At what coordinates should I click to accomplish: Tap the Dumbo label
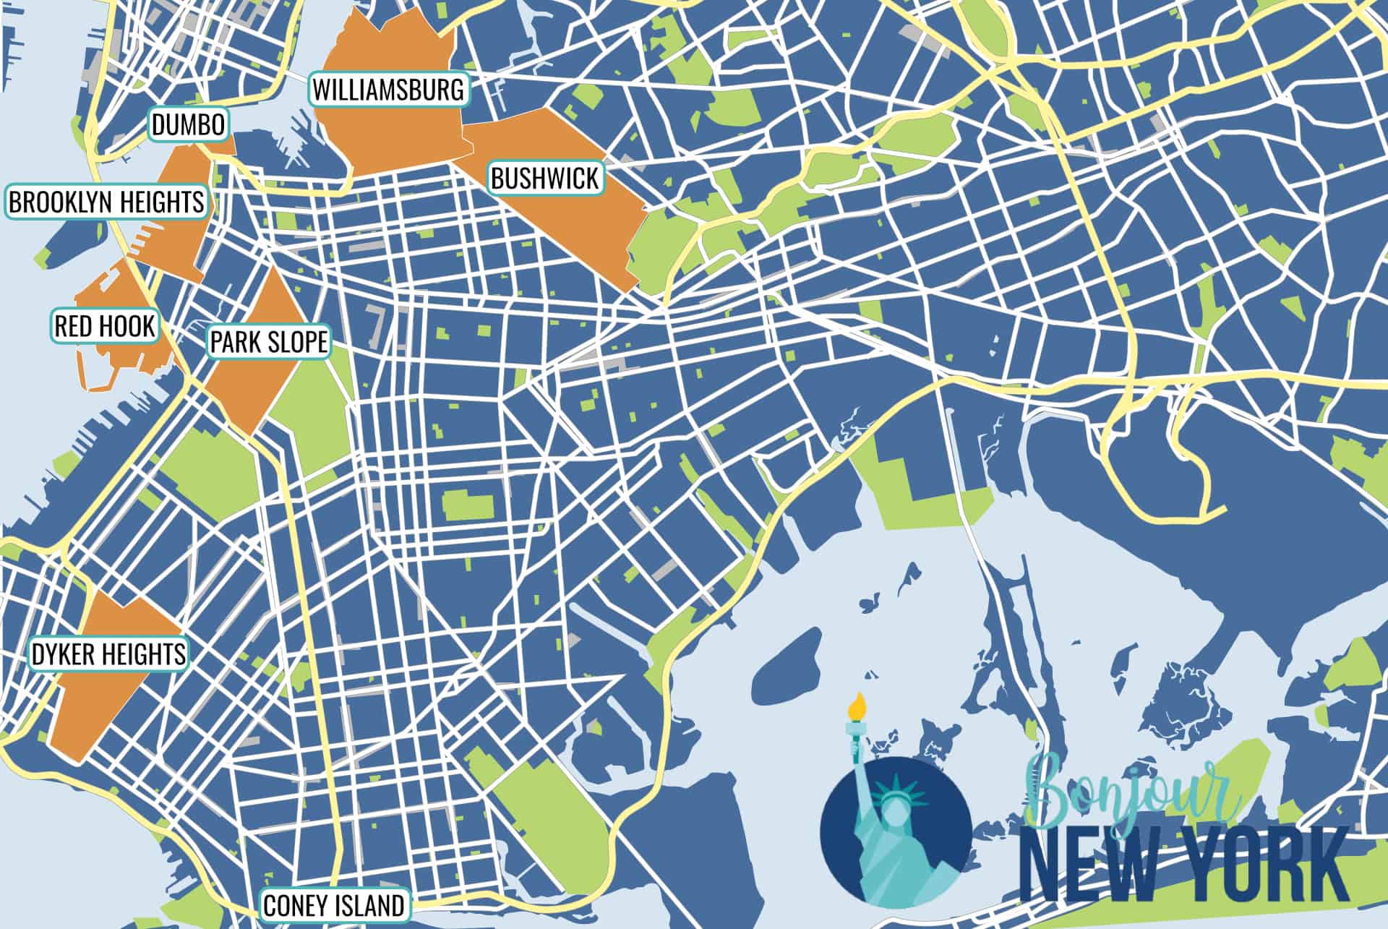coord(188,125)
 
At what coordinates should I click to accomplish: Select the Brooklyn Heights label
coord(107,202)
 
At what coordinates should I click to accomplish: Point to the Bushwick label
coord(545,178)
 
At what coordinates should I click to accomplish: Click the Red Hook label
coord(105,326)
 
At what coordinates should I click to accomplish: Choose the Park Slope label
coord(269,341)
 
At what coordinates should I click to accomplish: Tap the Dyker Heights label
coord(108,654)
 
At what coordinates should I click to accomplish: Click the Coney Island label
coord(333,905)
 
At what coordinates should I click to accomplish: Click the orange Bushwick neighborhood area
coord(578,224)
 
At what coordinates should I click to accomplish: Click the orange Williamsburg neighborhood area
coord(390,137)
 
